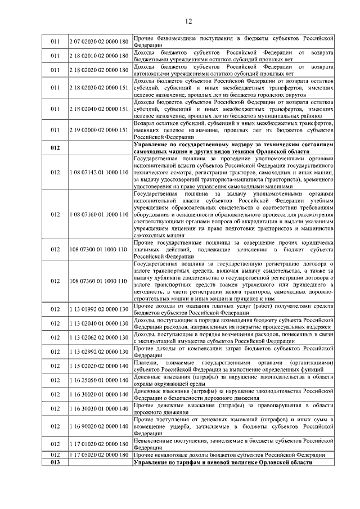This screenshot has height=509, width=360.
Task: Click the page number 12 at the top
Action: [x=188, y=21]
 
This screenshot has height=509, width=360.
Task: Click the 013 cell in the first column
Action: [x=55, y=462]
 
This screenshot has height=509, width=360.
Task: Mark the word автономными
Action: [x=154, y=74]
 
